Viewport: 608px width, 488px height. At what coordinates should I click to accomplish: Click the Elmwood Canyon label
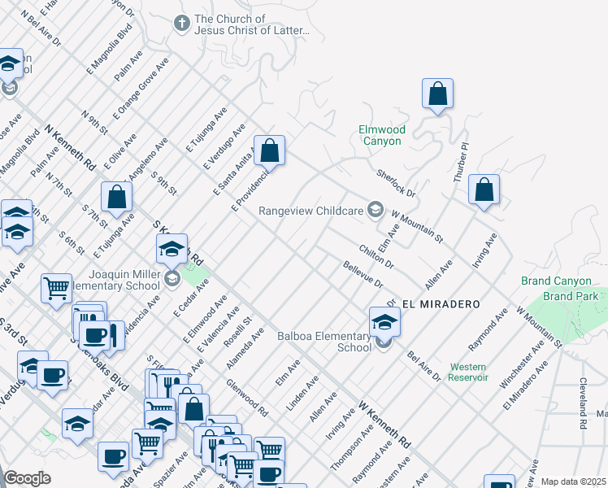pos(381,135)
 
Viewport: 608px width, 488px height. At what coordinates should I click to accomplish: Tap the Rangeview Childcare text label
pos(312,211)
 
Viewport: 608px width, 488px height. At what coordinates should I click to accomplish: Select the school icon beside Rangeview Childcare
pos(375,210)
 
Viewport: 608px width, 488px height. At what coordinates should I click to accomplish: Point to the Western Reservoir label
pos(468,372)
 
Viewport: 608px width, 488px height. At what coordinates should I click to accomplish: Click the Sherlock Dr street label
pos(396,183)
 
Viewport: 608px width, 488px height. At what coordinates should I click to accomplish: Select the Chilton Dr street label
pos(376,254)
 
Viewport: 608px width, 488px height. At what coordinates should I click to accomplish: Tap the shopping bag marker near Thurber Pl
pos(484,190)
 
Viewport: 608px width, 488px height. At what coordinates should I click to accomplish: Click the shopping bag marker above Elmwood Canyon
pos(437,93)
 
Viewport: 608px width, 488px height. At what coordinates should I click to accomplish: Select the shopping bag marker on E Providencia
pos(269,150)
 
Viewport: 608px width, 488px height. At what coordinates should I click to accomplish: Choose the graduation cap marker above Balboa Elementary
pos(384,321)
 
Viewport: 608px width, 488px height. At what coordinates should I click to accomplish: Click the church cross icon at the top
pos(182,24)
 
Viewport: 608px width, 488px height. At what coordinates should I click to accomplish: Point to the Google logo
pos(27,478)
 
